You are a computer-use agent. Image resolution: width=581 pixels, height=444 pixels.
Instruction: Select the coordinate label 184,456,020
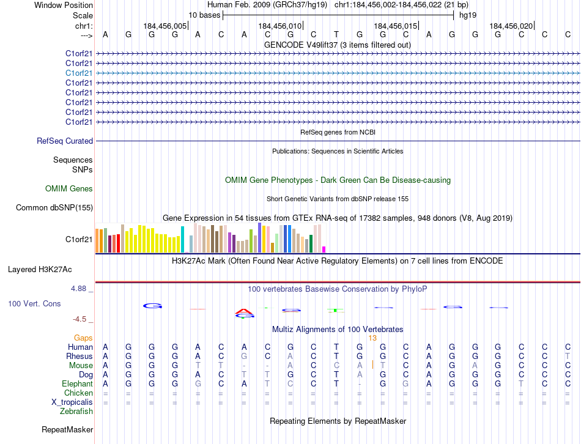coord(511,26)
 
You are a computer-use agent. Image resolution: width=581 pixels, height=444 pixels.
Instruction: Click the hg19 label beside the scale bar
coord(468,15)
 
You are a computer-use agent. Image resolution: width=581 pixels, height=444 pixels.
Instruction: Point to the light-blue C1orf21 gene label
coord(79,73)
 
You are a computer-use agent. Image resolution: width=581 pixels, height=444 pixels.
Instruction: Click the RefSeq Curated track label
coord(65,141)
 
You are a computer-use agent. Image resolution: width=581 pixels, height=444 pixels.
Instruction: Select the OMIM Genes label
coord(69,188)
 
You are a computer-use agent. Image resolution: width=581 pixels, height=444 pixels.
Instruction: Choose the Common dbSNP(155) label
coord(54,207)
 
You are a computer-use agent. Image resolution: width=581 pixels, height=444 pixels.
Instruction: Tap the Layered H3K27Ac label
coord(40,269)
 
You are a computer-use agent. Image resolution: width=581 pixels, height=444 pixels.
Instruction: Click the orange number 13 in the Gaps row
coord(372,338)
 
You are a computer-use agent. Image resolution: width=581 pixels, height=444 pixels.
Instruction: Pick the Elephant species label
coord(77,383)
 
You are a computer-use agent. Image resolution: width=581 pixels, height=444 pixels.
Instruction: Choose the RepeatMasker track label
coord(67,430)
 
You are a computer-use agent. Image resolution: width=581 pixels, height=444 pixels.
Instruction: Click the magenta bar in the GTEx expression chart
coord(324,249)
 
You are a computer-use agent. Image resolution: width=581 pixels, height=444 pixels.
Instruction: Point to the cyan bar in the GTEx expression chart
coord(182,239)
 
